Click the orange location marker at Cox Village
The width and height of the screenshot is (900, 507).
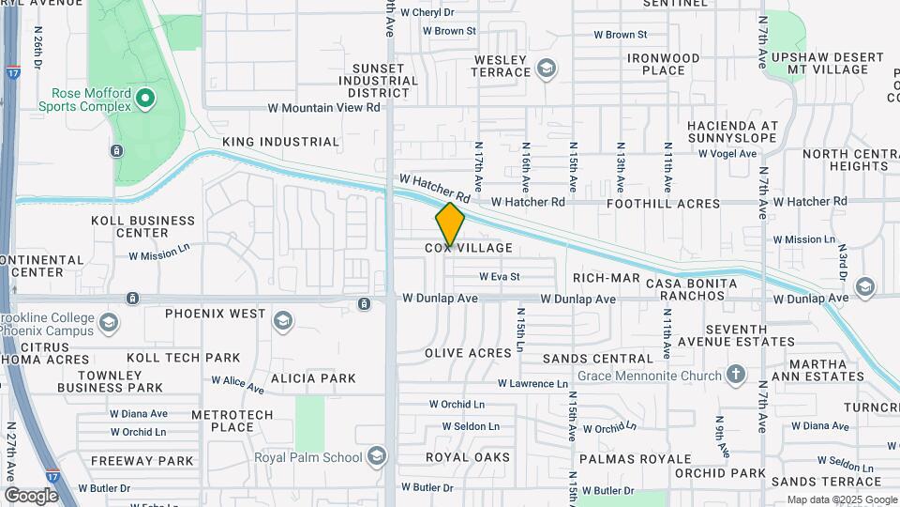(450, 224)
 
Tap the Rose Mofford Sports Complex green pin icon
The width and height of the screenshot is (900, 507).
(144, 98)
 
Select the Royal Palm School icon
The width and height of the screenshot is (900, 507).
(377, 456)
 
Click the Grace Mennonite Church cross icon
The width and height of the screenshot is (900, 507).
(737, 376)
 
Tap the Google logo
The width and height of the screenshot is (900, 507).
(31, 496)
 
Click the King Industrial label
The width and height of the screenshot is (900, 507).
(280, 142)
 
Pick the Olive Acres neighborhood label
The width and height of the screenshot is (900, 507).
(468, 352)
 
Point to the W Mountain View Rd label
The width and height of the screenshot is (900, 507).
(324, 108)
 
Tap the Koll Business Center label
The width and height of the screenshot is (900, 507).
(142, 226)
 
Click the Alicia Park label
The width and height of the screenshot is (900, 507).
(313, 378)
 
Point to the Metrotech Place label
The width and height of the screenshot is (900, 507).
(232, 421)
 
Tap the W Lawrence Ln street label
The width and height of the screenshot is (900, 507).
(532, 384)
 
